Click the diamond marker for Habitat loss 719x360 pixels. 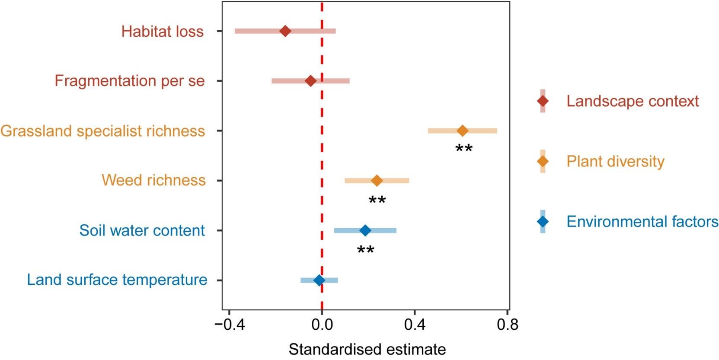click(x=285, y=31)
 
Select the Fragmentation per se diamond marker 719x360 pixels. click(x=310, y=81)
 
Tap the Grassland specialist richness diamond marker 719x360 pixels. click(x=463, y=131)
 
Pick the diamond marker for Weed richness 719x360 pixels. click(x=377, y=180)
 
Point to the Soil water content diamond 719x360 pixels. click(x=365, y=230)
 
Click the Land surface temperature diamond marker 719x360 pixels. click(x=319, y=280)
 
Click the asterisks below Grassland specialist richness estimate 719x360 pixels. click(x=464, y=150)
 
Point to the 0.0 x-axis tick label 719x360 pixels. click(x=322, y=325)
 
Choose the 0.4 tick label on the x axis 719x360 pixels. click(x=414, y=325)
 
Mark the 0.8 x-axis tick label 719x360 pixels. click(x=507, y=325)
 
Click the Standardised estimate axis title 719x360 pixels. click(x=367, y=349)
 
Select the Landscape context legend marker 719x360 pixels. click(x=543, y=101)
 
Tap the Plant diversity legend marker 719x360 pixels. click(x=543, y=161)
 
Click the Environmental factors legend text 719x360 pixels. click(x=642, y=222)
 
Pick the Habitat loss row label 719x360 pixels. click(x=162, y=32)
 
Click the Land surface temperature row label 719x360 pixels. click(x=117, y=280)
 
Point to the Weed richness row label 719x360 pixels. click(x=153, y=180)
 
